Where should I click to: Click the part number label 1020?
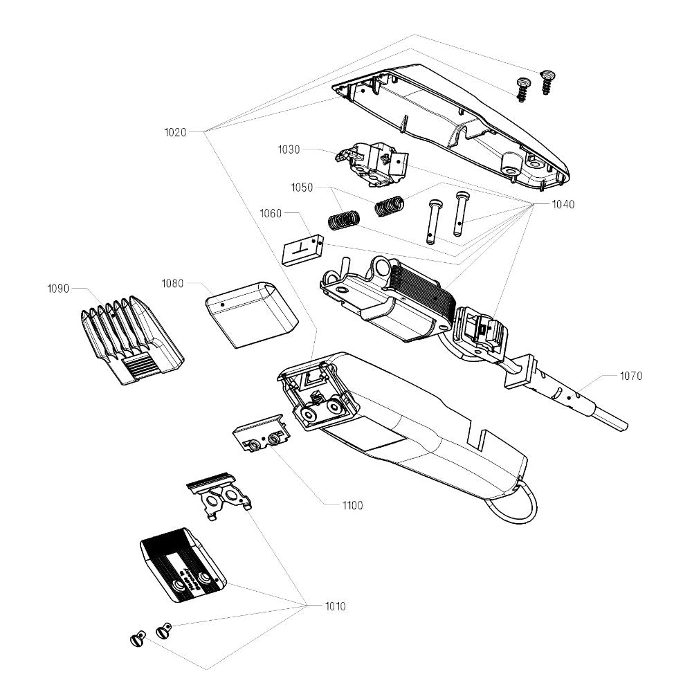(x=175, y=131)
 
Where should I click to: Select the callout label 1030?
(x=289, y=149)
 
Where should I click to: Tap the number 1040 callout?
(x=563, y=205)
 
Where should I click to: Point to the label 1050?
(x=302, y=188)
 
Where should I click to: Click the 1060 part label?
(x=271, y=214)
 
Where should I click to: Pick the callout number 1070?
(x=631, y=376)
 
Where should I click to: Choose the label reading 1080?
(x=172, y=283)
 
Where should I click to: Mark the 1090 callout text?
(x=58, y=289)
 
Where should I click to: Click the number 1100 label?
(x=352, y=506)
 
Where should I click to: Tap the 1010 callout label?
(x=336, y=607)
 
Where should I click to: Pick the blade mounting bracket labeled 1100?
(x=259, y=435)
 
